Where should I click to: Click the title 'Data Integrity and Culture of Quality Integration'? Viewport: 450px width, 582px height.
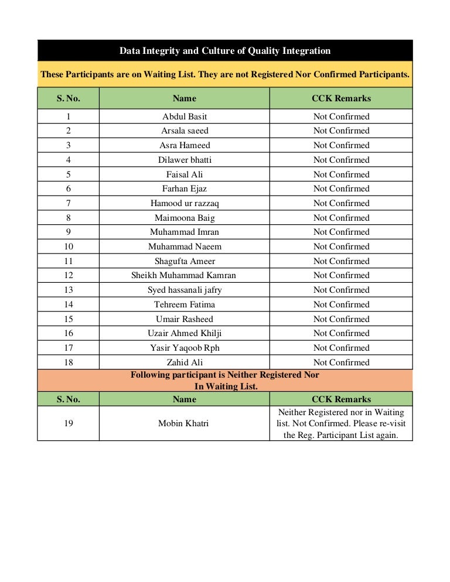(225, 51)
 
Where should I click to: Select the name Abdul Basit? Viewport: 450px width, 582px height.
(185, 117)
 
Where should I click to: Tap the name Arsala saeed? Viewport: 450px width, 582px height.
(185, 131)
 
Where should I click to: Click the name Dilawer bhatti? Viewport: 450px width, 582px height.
(185, 160)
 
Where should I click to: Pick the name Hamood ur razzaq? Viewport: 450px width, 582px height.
(185, 203)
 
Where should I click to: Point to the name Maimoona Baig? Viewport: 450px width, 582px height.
(185, 218)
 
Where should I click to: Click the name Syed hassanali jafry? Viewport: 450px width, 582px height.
(185, 290)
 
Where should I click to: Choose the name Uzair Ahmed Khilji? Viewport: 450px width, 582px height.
(185, 333)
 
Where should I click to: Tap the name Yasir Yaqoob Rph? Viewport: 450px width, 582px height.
(185, 348)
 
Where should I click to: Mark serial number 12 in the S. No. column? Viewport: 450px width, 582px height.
(69, 275)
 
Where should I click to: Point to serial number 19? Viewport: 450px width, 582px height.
(69, 423)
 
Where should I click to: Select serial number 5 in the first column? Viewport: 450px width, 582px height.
(69, 174)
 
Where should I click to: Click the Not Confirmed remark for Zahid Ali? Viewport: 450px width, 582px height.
(341, 362)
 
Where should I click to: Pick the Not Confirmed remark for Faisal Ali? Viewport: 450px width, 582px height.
(341, 174)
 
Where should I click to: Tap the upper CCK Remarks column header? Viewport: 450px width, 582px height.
(341, 98)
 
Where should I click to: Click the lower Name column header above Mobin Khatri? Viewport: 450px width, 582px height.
(185, 399)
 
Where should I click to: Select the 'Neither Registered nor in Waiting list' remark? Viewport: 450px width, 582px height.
(341, 423)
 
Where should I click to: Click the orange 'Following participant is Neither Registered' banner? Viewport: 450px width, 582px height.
(225, 380)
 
